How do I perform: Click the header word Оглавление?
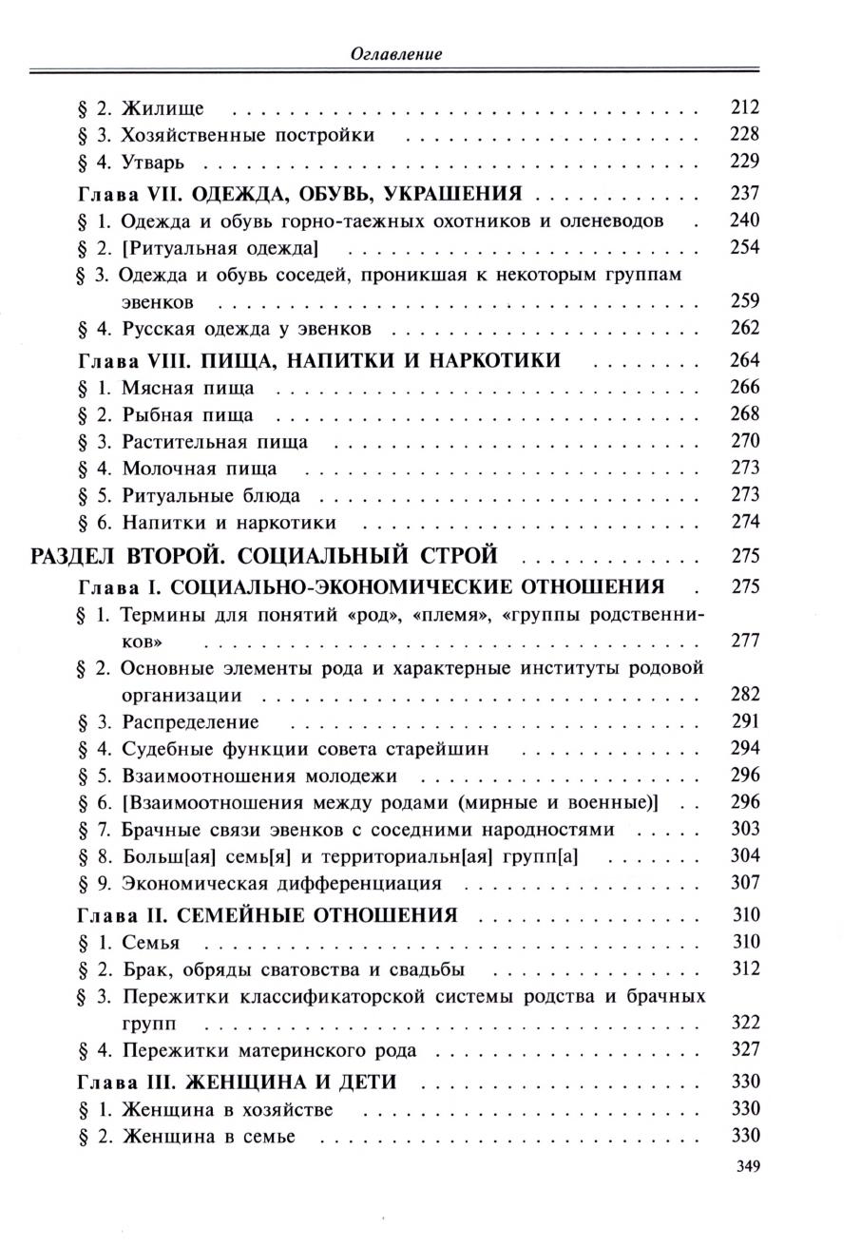click(x=395, y=54)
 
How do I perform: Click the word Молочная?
click(x=169, y=469)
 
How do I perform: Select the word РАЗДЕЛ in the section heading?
click(x=79, y=555)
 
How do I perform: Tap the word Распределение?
click(x=190, y=722)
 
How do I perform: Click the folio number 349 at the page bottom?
click(x=748, y=1167)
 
